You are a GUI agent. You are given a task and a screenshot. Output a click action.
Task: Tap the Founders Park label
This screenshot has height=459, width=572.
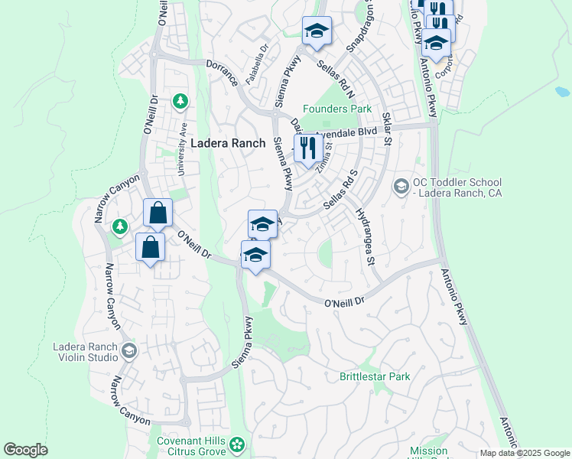pyautogui.click(x=336, y=109)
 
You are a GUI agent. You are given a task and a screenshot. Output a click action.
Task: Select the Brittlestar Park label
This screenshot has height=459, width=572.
pyautogui.click(x=375, y=376)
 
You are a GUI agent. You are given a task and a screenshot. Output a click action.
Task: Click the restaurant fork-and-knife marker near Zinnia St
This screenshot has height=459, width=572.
pyautogui.click(x=308, y=148)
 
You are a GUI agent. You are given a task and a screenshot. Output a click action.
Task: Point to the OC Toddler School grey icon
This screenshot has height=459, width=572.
pyautogui.click(x=401, y=186)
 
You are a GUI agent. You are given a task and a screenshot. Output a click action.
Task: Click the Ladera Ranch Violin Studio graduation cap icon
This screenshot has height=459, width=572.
pyautogui.click(x=128, y=351)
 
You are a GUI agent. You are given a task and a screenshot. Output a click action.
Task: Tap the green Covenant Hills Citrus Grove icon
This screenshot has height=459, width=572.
pyautogui.click(x=238, y=444)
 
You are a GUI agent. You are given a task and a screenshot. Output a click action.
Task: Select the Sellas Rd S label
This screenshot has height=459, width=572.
pyautogui.click(x=340, y=190)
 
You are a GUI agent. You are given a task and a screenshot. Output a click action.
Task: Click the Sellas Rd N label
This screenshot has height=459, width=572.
pyautogui.click(x=337, y=79)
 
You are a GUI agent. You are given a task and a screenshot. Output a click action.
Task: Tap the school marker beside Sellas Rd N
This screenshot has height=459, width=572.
pyautogui.click(x=317, y=31)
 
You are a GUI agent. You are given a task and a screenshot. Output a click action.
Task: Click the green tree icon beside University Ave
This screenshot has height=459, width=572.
pyautogui.click(x=180, y=100)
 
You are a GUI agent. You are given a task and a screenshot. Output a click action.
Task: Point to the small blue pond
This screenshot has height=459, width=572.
pyautogui.click(x=561, y=92)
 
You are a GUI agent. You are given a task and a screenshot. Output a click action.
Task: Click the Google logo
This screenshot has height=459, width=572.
pyautogui.click(x=25, y=450)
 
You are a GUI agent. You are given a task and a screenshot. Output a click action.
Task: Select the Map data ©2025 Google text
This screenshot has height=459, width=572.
pyautogui.click(x=524, y=453)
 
